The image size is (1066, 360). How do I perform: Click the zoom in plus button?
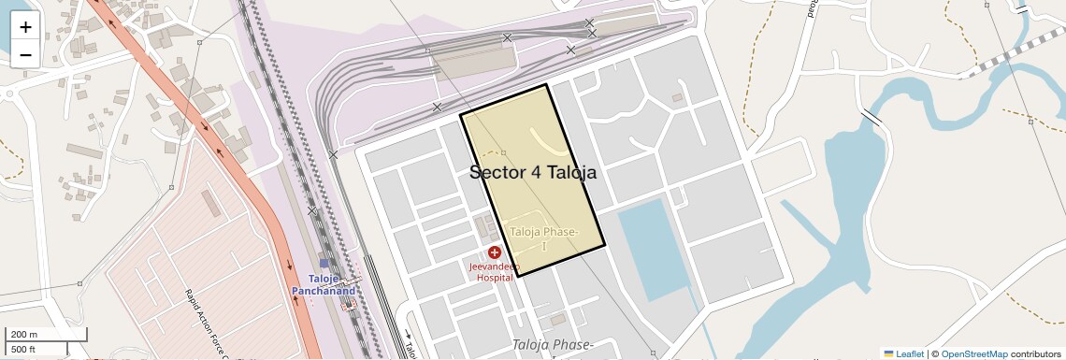[25, 27]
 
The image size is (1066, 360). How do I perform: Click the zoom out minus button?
[25, 54]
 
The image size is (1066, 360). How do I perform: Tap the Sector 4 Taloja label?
[532, 172]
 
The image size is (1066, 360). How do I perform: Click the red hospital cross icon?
[495, 252]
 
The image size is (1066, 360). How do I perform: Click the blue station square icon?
[324, 264]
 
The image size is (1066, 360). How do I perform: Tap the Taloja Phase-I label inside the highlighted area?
[544, 238]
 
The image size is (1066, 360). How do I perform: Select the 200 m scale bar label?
[24, 335]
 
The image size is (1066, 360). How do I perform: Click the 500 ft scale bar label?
[24, 349]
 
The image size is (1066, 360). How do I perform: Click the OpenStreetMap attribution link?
[973, 353]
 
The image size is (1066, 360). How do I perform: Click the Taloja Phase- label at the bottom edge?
[553, 346]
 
